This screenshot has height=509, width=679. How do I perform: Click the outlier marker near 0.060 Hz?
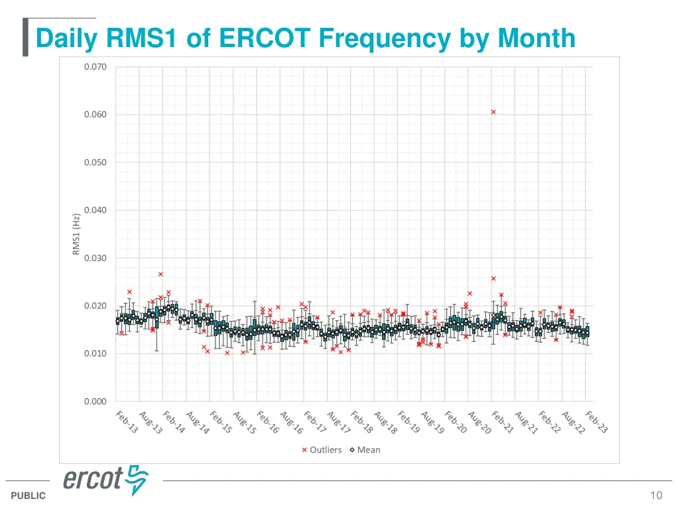click(493, 112)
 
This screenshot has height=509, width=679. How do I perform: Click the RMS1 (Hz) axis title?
click(76, 234)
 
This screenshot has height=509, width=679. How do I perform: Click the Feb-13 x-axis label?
click(127, 422)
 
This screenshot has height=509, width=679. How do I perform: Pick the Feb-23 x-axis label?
click(596, 422)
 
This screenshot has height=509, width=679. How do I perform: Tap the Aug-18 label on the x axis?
click(385, 423)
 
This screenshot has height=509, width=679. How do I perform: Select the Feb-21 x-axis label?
click(503, 422)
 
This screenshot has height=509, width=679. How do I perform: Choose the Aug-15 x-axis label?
click(244, 423)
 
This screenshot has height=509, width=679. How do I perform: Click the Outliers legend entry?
click(322, 450)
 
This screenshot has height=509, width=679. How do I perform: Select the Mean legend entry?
click(365, 450)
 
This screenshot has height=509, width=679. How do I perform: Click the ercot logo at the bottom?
click(106, 479)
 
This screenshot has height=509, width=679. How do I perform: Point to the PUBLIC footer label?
click(29, 496)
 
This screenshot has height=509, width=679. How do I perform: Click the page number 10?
click(656, 495)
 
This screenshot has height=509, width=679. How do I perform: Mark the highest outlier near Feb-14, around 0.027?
click(160, 274)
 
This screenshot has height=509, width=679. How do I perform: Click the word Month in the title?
click(537, 38)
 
